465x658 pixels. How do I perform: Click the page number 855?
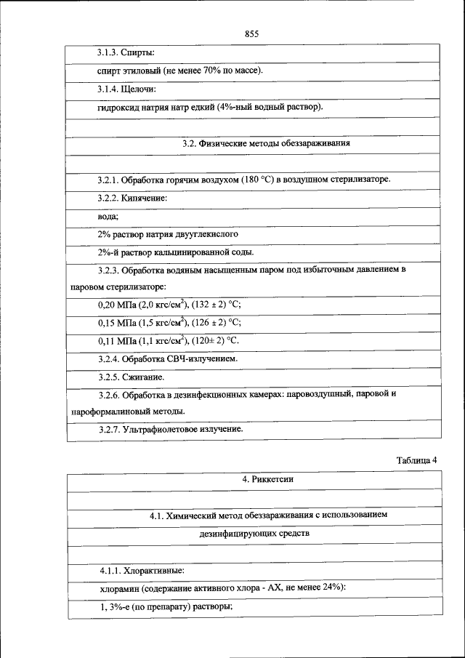click(252, 34)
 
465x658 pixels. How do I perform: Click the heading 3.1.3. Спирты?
click(126, 53)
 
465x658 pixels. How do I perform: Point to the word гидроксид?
click(118, 108)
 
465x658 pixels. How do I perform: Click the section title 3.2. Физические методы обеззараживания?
click(267, 144)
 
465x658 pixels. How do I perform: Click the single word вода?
click(108, 217)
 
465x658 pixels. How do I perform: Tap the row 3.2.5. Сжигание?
click(131, 377)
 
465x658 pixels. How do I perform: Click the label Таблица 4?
click(416, 460)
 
